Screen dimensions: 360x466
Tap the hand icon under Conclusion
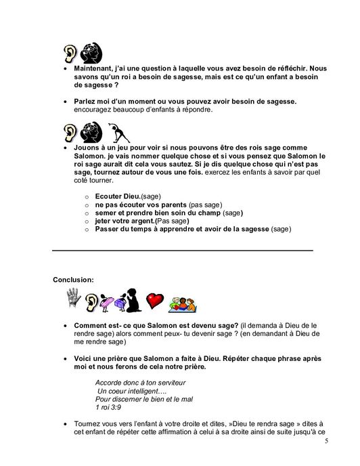73,297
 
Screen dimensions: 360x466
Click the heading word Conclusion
74,278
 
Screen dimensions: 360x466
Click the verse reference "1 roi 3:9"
110,408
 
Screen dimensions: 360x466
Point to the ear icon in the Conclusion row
90,299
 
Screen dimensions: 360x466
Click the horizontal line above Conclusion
183,251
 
